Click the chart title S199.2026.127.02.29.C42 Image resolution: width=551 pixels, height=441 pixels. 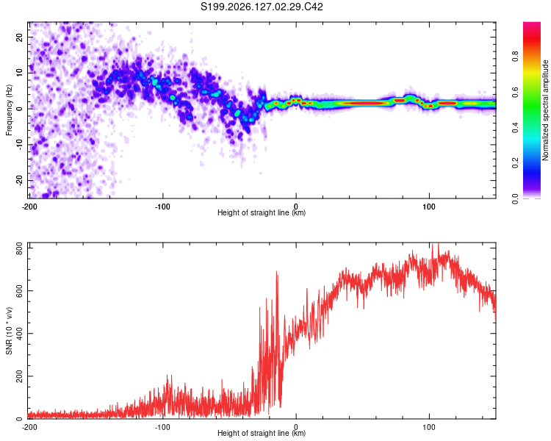tap(262, 7)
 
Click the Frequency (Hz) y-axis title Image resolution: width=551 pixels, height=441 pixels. tap(9, 110)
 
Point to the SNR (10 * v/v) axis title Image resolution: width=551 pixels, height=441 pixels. tap(9, 331)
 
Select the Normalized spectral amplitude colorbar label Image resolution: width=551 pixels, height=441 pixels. tap(545, 110)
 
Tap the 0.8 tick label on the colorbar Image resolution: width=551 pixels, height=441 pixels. tap(515, 57)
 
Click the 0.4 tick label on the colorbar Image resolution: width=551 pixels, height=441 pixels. tap(515, 128)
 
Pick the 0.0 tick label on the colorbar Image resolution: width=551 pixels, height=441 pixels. tap(515, 199)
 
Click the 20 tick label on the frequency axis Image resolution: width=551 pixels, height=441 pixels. tap(20, 37)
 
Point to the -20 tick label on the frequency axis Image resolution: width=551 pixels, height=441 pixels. tap(20, 181)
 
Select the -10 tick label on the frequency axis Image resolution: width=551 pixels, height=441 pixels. tap(20, 145)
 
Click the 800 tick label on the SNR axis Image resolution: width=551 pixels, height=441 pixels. tap(20, 249)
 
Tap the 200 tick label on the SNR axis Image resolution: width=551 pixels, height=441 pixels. tap(20, 376)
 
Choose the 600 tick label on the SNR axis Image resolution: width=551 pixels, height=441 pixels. tap(20, 291)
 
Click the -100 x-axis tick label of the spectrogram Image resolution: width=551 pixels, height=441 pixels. tap(162, 207)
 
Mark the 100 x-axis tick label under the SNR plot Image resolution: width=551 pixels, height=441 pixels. tap(429, 427)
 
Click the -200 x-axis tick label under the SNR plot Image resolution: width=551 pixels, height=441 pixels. tap(29, 427)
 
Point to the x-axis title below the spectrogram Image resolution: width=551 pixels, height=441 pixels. tap(262, 212)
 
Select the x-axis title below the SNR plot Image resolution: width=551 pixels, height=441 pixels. tap(262, 433)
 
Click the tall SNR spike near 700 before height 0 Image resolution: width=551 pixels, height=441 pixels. tap(276, 271)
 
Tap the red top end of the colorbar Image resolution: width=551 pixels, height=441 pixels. tap(532, 24)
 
